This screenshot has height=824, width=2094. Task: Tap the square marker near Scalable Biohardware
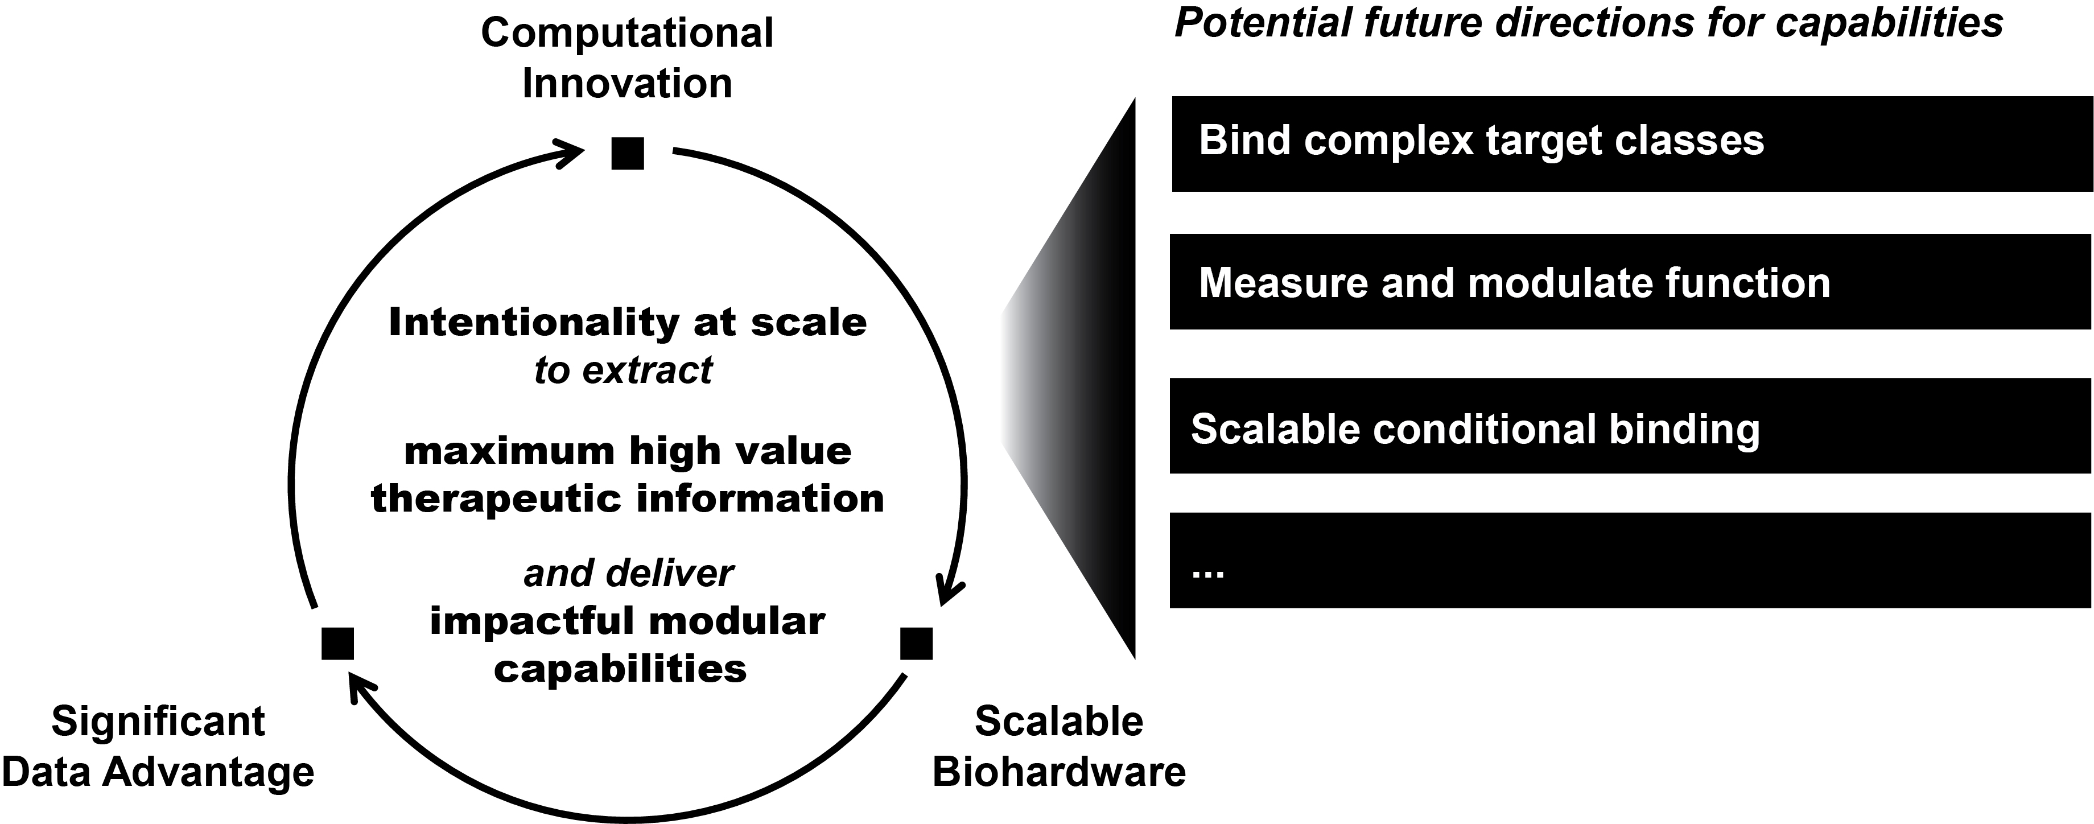916,643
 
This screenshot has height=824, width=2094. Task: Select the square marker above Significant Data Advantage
337,643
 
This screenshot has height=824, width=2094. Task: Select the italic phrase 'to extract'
624,370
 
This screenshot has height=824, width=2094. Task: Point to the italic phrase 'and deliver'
628,574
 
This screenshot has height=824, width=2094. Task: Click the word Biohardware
1058,771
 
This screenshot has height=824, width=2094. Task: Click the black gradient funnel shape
1081,382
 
